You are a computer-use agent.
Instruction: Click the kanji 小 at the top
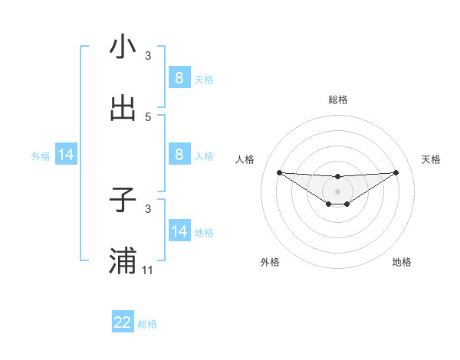point(123,47)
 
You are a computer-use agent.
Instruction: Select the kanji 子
point(123,200)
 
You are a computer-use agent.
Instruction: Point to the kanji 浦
point(123,261)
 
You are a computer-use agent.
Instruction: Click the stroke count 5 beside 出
point(148,117)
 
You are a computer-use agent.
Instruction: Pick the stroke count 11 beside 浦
point(148,270)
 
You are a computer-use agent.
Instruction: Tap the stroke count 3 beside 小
point(148,56)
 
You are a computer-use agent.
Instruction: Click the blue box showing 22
point(123,322)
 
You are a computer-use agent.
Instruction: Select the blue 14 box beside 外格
point(66,155)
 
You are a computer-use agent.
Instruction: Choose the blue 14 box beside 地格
point(179,231)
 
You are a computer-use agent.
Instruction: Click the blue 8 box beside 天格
point(179,78)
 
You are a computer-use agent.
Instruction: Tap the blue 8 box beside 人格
point(179,155)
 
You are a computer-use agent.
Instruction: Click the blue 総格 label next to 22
point(148,324)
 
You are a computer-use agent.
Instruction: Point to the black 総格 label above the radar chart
point(338,100)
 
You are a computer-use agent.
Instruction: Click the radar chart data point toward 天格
point(396,172)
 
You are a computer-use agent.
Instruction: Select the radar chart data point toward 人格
point(279,172)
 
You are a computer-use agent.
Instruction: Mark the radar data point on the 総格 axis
point(338,178)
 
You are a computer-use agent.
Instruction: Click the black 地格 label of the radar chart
point(402,262)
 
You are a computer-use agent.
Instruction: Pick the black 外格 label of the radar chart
point(270,262)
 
